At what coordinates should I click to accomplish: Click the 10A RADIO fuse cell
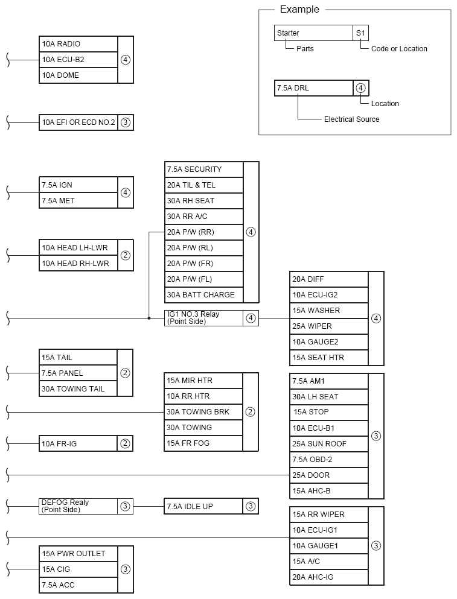(78, 44)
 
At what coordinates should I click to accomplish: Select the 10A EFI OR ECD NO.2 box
(78, 122)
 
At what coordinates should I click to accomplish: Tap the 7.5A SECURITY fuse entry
(203, 170)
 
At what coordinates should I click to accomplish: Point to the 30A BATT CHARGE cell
(203, 295)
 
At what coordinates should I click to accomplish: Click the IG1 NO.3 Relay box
(203, 318)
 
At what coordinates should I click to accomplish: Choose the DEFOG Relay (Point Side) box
(78, 506)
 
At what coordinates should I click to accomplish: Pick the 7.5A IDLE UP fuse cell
(203, 506)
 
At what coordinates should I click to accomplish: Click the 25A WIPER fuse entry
(329, 326)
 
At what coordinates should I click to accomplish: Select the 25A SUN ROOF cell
(329, 444)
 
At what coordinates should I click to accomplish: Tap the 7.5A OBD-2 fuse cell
(329, 460)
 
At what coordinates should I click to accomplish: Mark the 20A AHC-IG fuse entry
(329, 577)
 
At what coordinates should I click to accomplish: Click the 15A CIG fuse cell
(78, 569)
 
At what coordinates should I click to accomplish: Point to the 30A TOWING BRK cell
(203, 412)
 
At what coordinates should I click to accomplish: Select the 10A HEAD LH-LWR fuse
(78, 248)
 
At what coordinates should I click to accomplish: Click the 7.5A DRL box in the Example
(313, 88)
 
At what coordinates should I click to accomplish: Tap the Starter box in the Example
(313, 33)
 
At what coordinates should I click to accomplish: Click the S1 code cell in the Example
(360, 33)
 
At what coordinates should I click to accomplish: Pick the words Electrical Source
(351, 119)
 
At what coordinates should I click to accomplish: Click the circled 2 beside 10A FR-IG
(125, 444)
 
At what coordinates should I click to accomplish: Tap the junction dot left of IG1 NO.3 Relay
(149, 318)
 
